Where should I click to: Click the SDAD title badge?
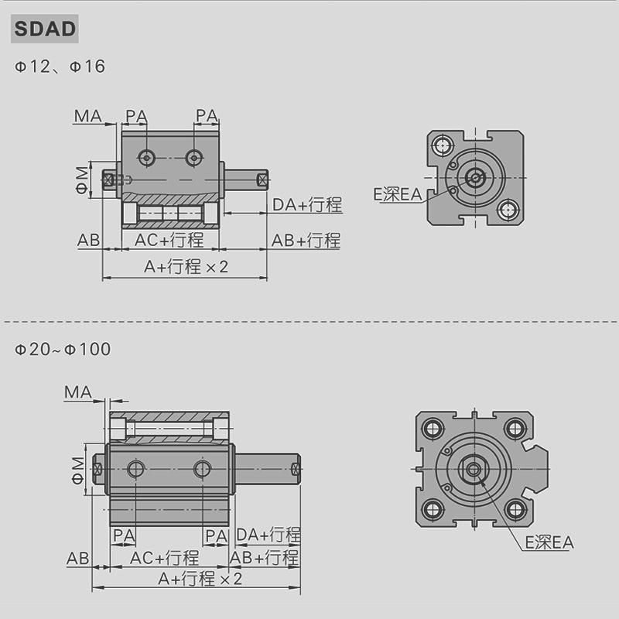click(x=45, y=29)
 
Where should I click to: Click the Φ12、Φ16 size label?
click(x=60, y=67)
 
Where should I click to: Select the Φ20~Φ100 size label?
click(x=63, y=349)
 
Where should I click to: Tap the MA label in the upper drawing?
click(x=87, y=116)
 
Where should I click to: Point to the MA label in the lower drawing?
click(x=78, y=392)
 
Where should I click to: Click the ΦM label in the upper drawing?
click(x=83, y=180)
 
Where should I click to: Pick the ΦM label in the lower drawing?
click(x=78, y=470)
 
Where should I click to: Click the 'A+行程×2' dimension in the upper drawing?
click(x=186, y=267)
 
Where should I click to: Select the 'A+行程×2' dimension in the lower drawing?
click(x=200, y=579)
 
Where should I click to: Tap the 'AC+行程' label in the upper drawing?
click(x=169, y=240)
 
